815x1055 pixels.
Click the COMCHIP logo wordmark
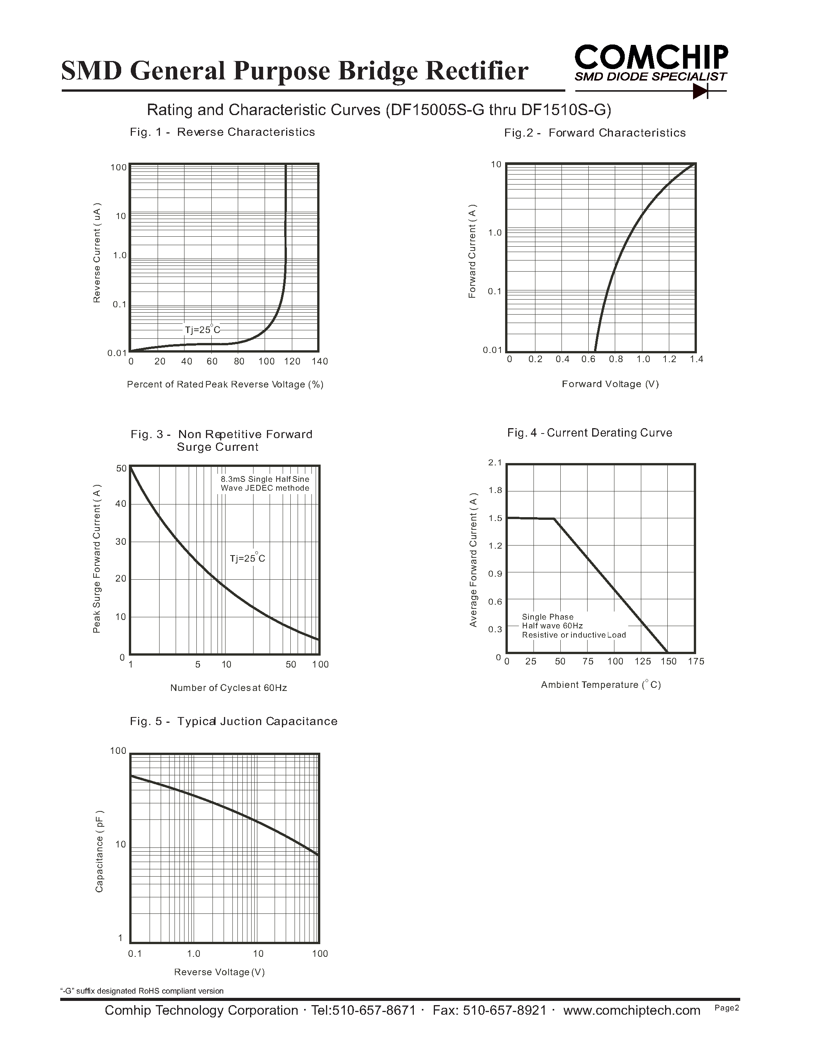(651, 58)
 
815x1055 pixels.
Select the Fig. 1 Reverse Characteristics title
(222, 132)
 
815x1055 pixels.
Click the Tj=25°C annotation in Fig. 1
(202, 330)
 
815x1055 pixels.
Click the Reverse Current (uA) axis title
(97, 253)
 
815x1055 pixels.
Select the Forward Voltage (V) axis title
(610, 384)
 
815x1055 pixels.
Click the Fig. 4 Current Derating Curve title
(589, 433)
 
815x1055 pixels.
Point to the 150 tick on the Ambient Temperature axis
(668, 661)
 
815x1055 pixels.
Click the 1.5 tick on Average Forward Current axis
(496, 518)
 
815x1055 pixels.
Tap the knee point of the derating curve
(554, 519)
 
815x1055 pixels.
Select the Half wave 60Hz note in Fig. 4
(552, 626)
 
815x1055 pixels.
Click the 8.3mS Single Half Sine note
(265, 479)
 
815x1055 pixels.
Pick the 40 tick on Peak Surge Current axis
(121, 504)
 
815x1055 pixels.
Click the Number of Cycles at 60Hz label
(228, 688)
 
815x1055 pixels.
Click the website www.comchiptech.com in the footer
(632, 1010)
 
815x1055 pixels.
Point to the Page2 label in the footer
(727, 1008)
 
